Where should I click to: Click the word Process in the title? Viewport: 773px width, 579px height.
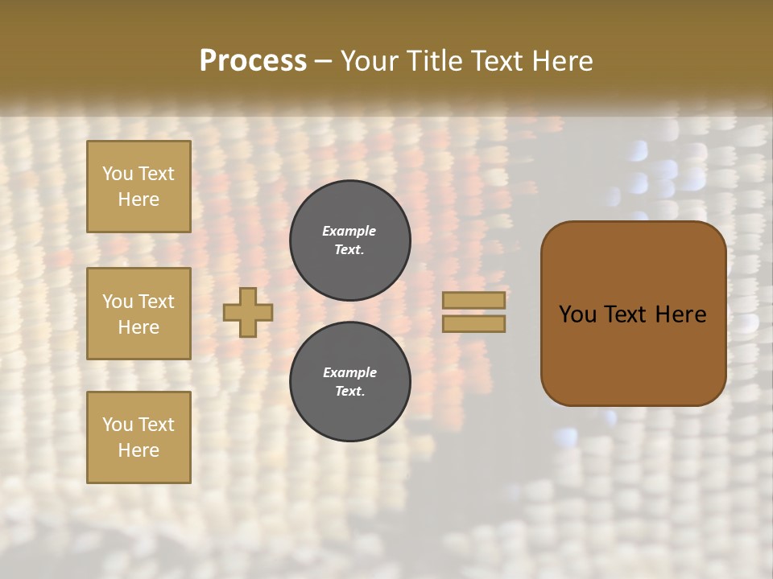(253, 61)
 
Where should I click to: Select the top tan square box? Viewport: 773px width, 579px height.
(138, 187)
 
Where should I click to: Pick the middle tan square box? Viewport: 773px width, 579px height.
(138, 314)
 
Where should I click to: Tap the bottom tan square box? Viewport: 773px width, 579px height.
(138, 437)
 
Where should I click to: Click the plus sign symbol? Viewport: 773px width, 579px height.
(248, 312)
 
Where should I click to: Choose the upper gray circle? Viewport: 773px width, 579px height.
(350, 240)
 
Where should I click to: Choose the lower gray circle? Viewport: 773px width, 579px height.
(350, 382)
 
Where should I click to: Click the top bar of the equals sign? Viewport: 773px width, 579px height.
(473, 300)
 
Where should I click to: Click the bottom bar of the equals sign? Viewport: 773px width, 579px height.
(473, 323)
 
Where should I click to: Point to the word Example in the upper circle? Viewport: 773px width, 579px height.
(349, 232)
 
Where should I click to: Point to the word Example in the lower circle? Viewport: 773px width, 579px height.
(349, 373)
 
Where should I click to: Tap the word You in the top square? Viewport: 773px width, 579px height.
(118, 174)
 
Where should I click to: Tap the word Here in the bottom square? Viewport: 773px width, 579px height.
(138, 450)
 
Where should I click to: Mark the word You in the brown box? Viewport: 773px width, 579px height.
(577, 314)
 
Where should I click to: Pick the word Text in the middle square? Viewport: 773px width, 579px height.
(155, 302)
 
